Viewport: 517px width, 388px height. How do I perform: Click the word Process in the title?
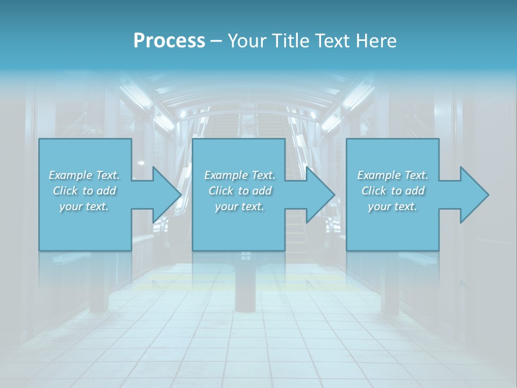point(169,41)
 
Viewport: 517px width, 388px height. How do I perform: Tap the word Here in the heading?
point(376,41)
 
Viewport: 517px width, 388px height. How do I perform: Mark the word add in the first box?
point(107,191)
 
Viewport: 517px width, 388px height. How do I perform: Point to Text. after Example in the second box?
point(262,175)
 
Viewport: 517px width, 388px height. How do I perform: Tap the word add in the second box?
point(262,191)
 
